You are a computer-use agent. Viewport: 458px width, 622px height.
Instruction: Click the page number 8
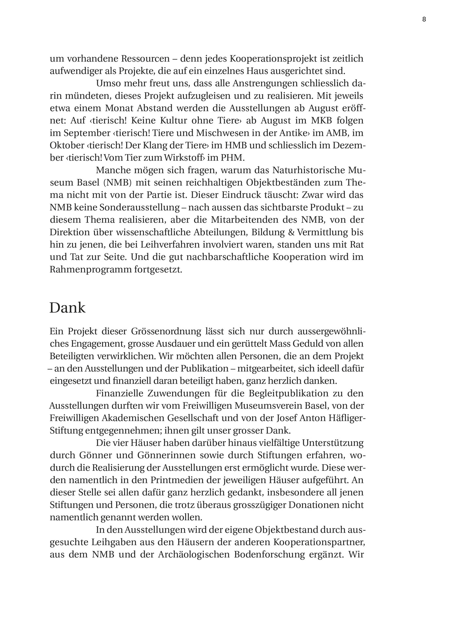click(x=424, y=19)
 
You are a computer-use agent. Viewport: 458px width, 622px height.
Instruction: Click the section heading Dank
click(x=67, y=308)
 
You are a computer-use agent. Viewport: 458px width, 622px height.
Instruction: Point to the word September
click(x=83, y=133)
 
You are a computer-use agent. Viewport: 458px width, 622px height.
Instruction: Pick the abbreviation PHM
click(x=232, y=158)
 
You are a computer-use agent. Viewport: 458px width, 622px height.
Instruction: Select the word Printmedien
click(x=178, y=480)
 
